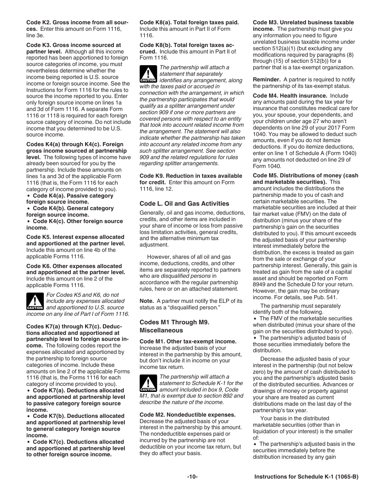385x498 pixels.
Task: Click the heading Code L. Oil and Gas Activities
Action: (x=184, y=204)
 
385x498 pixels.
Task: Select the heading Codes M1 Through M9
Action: (x=174, y=322)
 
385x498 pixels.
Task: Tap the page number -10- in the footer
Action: (x=192, y=477)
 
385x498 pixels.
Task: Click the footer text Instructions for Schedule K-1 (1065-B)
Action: (x=306, y=477)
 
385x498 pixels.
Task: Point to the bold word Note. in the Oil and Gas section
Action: (x=146, y=301)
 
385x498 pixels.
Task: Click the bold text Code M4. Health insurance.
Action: (x=290, y=96)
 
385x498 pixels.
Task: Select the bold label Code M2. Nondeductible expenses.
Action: (x=187, y=415)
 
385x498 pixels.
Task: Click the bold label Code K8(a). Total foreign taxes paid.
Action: (x=189, y=23)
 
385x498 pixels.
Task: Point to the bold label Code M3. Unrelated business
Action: (x=303, y=23)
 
